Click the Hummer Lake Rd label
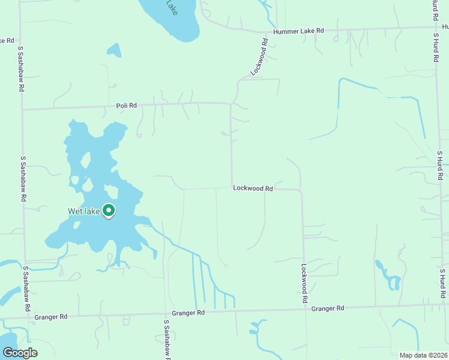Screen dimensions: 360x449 (x=298, y=31)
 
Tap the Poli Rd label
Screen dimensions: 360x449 (x=127, y=106)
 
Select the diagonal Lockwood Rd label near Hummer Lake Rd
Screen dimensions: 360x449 (x=259, y=57)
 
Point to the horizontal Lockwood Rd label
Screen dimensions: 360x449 (x=253, y=188)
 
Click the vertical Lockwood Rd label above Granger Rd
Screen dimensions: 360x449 (x=305, y=283)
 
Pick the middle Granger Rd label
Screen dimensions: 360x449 (x=188, y=313)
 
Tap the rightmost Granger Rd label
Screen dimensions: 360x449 (x=328, y=308)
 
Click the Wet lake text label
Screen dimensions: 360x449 (x=83, y=211)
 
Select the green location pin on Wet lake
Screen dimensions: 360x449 (x=109, y=211)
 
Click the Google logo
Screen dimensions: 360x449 (x=19, y=353)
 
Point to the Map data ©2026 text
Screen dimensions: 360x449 (x=423, y=355)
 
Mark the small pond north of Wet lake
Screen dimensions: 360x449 (x=114, y=50)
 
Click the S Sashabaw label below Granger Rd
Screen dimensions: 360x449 (x=166, y=339)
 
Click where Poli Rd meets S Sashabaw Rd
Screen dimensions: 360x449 (x=22, y=110)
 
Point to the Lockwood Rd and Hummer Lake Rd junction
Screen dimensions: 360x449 (x=267, y=32)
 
